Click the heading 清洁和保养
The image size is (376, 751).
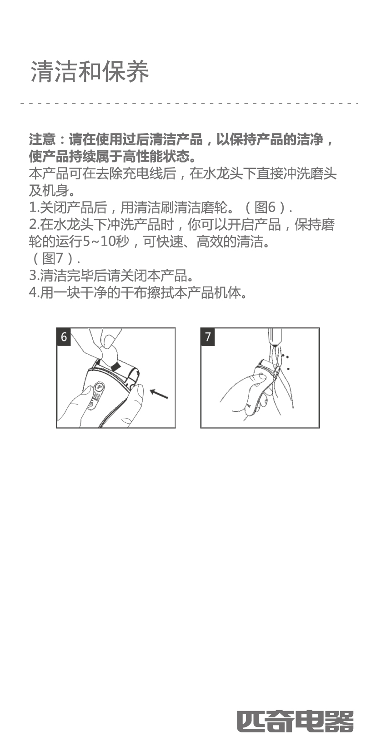click(x=90, y=71)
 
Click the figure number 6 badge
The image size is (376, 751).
click(x=64, y=337)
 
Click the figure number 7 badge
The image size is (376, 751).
click(x=208, y=337)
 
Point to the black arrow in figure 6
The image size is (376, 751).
click(x=159, y=394)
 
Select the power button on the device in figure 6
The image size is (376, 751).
click(x=90, y=407)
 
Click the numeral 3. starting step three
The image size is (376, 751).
click(x=34, y=276)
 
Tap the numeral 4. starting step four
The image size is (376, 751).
click(x=34, y=293)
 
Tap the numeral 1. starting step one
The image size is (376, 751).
click(x=34, y=208)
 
